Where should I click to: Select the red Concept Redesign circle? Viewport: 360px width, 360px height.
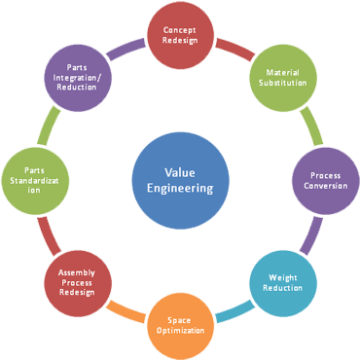coord(179,35)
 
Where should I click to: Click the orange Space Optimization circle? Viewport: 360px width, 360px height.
coord(178,324)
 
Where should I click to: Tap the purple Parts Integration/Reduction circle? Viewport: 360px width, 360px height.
coord(77,77)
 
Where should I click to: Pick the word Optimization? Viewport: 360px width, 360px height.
coord(178,331)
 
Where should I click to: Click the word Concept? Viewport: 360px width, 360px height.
coord(179,29)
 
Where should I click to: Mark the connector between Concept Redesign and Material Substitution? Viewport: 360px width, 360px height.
coord(230,47)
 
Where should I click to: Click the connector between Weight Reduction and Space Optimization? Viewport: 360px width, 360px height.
coord(230,313)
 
